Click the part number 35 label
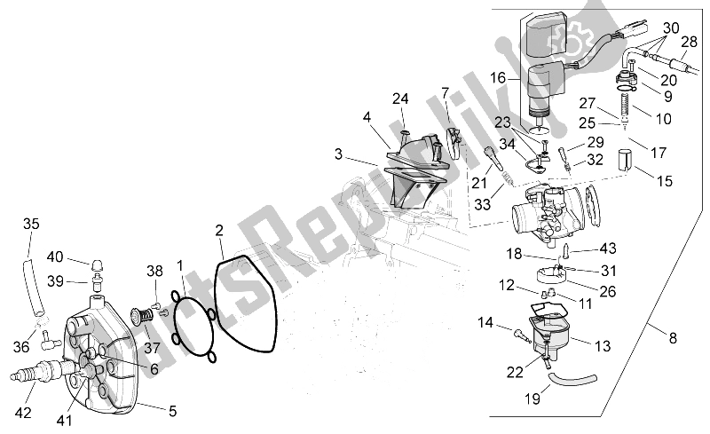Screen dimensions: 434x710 coord(31,223)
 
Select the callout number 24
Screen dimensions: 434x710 coord(401,98)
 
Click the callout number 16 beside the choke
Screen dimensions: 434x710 coord(499,78)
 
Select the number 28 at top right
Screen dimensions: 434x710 coord(689,42)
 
